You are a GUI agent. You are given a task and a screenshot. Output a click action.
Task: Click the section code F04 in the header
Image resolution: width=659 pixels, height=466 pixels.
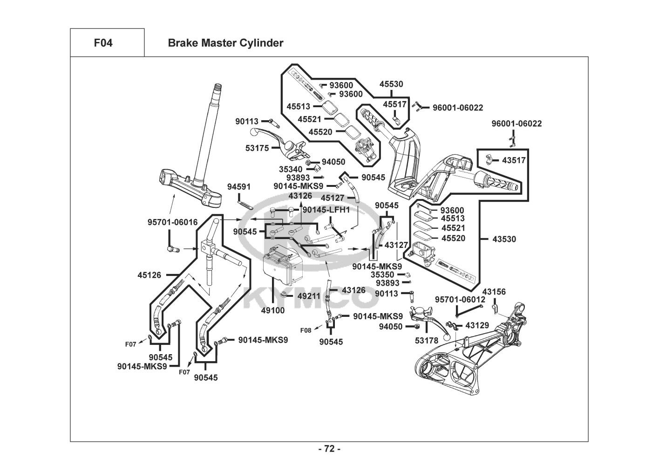click(x=103, y=43)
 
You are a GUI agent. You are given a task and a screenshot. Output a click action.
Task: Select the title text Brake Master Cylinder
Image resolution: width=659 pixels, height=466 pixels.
click(x=225, y=43)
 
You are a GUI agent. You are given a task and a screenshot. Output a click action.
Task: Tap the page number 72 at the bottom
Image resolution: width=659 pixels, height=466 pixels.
click(x=329, y=449)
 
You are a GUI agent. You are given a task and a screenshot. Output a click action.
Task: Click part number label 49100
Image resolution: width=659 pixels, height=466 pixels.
click(x=273, y=310)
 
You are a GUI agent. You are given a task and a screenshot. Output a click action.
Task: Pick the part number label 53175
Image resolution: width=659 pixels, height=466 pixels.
click(x=257, y=149)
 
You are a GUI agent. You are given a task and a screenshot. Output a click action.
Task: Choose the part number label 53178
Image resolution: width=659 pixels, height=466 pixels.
click(x=427, y=341)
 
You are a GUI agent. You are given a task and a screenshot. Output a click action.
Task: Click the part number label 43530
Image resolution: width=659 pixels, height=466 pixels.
click(x=504, y=239)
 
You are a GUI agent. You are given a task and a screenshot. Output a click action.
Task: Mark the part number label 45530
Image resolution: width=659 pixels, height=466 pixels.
click(x=391, y=84)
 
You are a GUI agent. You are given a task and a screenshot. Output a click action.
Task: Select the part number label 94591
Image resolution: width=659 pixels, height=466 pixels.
click(x=239, y=187)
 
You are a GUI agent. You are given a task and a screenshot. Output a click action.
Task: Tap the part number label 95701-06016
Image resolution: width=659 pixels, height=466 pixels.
click(x=173, y=222)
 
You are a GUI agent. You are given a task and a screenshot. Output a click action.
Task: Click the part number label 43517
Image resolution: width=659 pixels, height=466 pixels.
click(x=514, y=160)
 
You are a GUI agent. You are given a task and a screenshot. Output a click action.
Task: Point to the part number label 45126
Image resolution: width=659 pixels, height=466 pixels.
click(x=149, y=275)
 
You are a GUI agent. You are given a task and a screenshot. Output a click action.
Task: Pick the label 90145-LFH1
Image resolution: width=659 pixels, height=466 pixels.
click(x=326, y=210)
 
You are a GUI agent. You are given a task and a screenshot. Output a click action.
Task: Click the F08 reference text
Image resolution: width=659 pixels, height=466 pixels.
click(x=306, y=330)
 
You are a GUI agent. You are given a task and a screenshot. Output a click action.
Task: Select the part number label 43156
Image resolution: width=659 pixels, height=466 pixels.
click(x=494, y=292)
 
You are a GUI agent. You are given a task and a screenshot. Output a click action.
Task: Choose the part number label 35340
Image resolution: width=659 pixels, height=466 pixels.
click(x=291, y=169)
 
